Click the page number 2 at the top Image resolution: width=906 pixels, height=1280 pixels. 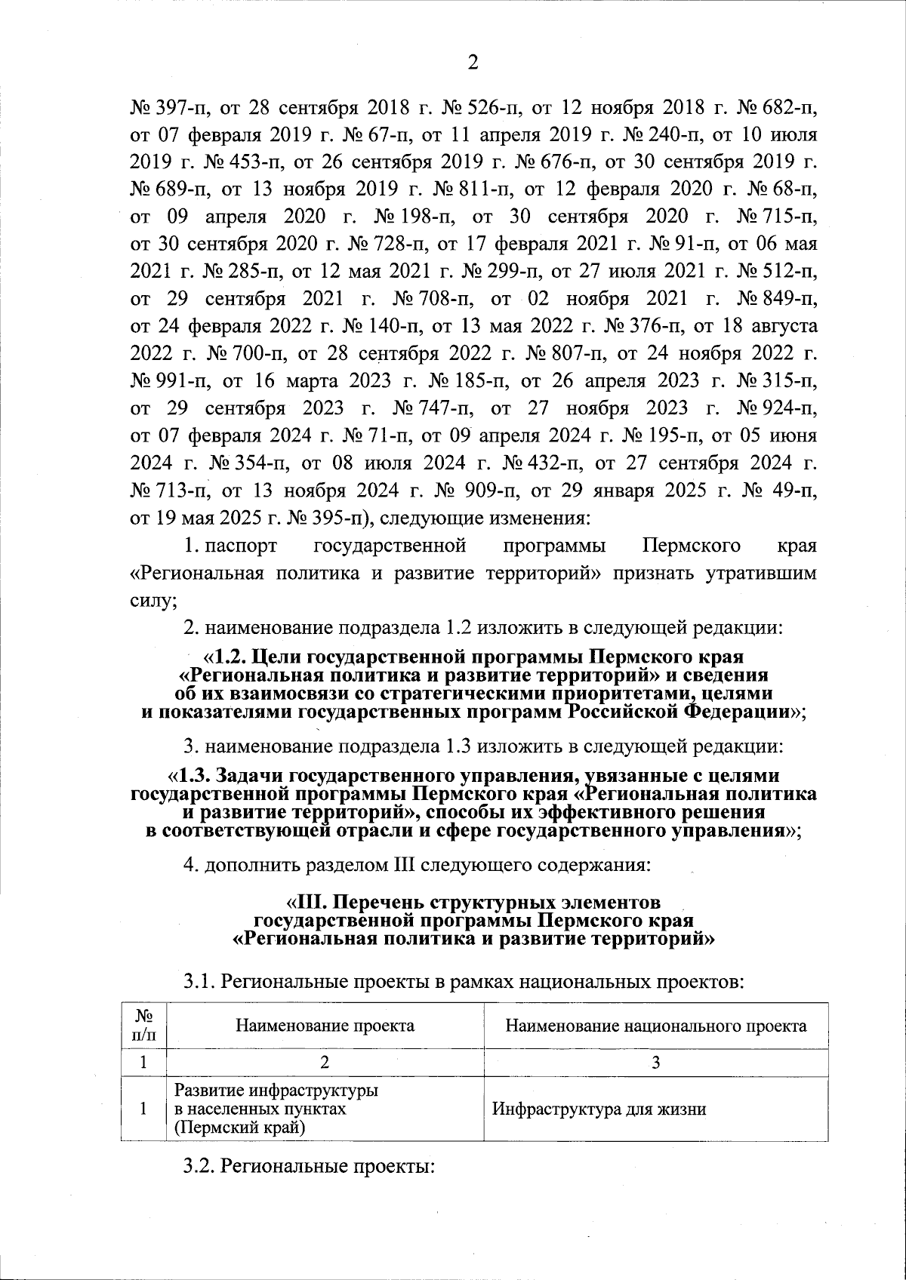coord(473,63)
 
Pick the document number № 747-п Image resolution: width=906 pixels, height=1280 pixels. coord(433,408)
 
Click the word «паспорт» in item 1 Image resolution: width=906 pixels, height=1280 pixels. coord(241,546)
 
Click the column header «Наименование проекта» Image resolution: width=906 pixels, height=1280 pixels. coord(325,1026)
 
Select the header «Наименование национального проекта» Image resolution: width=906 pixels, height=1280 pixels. coord(655,1026)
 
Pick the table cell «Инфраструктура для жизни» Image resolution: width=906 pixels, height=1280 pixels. coord(599,1109)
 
